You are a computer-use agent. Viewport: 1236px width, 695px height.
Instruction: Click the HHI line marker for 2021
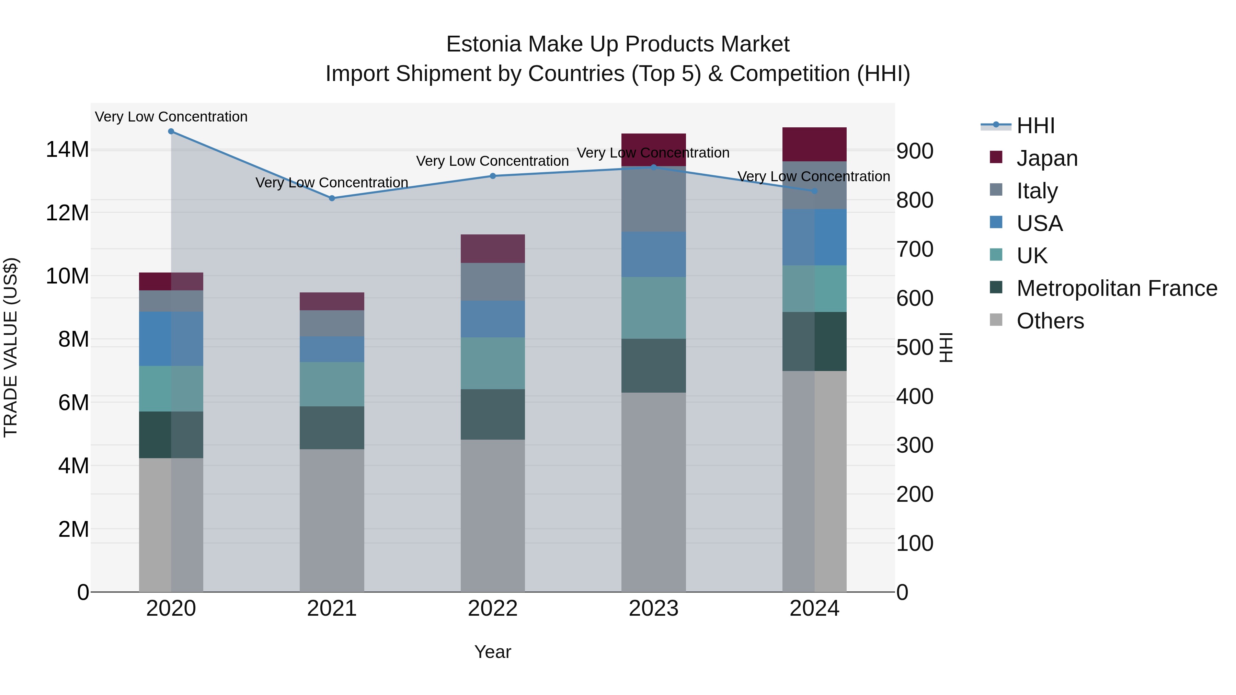pos(332,198)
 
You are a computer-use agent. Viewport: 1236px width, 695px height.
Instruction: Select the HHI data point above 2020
pos(171,131)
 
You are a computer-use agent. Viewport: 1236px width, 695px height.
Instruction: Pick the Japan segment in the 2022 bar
pos(492,248)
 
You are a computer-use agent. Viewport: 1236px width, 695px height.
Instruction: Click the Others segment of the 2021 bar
pos(332,520)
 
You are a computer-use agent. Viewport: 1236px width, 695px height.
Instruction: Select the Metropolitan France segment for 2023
pos(653,366)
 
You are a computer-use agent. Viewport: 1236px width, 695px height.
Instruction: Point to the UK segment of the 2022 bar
pos(492,363)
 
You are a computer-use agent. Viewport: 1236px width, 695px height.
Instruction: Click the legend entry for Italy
pos(1037,191)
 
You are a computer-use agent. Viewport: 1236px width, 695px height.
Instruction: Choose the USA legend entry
pos(1039,223)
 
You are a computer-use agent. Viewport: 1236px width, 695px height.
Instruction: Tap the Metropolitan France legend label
pos(1117,288)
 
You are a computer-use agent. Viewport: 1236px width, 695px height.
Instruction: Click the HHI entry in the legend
pos(1035,126)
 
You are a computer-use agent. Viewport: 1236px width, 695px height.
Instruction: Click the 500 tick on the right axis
pos(915,347)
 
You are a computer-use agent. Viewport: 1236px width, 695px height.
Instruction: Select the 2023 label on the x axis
pos(653,609)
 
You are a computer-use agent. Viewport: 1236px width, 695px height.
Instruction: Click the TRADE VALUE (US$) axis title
pos(11,347)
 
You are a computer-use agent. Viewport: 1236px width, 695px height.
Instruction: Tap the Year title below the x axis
pos(492,652)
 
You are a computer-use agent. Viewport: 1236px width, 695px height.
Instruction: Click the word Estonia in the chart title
pos(483,44)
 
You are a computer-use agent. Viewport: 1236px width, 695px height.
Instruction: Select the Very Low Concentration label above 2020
pos(171,117)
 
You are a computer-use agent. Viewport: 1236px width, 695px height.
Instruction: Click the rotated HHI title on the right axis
pos(945,347)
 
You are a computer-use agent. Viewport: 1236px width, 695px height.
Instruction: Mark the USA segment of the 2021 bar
pos(332,349)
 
